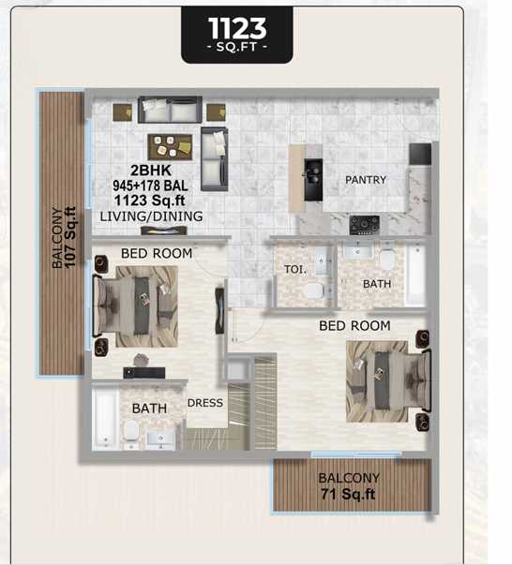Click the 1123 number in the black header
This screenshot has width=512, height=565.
point(237,28)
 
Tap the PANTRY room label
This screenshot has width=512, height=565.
point(366,180)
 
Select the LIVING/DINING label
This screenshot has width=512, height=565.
point(151,216)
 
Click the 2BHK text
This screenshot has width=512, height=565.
point(151,171)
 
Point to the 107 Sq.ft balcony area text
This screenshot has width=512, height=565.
point(70,237)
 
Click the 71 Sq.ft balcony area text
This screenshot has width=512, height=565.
point(348,494)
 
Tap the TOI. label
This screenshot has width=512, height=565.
point(295,269)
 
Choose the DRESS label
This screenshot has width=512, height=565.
point(205,403)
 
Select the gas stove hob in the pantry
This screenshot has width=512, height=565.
point(365,225)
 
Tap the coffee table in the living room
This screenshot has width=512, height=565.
point(170,147)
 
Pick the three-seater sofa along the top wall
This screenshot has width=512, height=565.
point(170,110)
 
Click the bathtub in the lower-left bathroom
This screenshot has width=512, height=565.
point(105,417)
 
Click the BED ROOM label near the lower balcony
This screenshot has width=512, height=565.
point(354,326)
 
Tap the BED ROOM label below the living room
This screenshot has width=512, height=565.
point(157,253)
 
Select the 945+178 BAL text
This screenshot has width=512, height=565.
point(150,186)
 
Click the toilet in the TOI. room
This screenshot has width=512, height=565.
point(315,290)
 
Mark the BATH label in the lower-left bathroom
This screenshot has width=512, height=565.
point(149,409)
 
